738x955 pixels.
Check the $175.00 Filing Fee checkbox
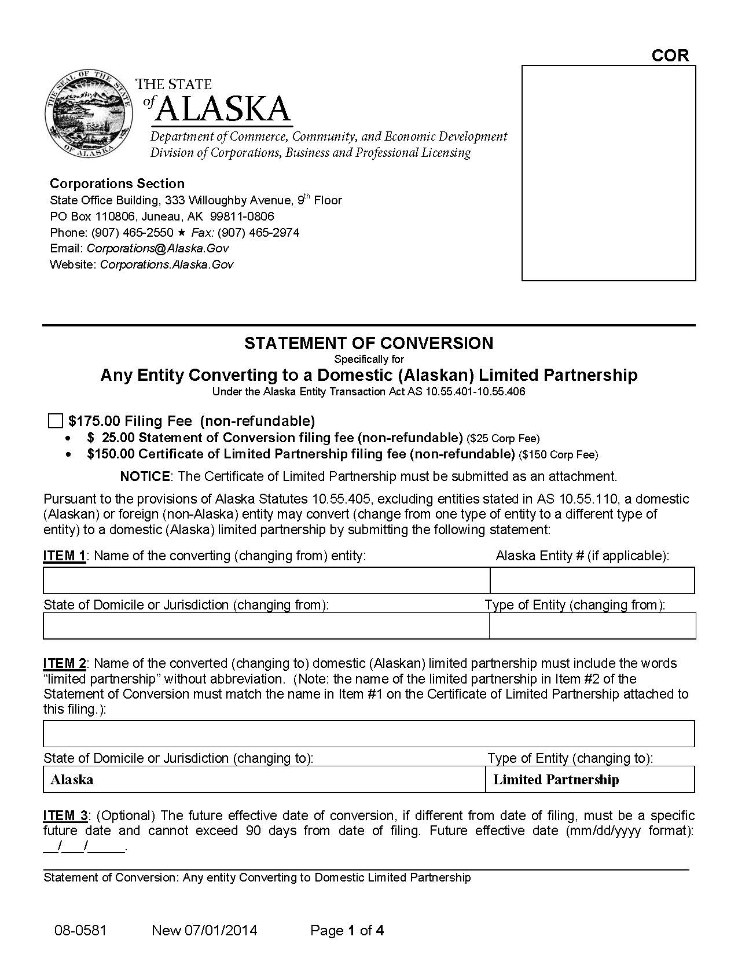[55, 421]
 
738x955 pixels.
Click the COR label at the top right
[670, 56]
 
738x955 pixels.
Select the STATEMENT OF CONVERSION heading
[369, 343]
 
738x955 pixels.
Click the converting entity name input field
[266, 580]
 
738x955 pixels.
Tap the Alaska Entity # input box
[592, 580]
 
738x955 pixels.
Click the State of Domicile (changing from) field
[266, 626]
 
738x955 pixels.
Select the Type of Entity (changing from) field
[592, 626]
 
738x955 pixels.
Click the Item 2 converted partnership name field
[369, 733]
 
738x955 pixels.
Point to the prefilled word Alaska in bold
[72, 780]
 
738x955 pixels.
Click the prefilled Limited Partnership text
[556, 780]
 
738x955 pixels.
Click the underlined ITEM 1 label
[64, 556]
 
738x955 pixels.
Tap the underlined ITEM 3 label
[65, 816]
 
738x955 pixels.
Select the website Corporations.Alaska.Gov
[167, 265]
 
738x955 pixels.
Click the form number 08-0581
[80, 931]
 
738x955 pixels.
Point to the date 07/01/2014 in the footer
[221, 931]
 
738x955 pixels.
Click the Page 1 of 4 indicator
[347, 931]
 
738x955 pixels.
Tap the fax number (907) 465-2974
[258, 233]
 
